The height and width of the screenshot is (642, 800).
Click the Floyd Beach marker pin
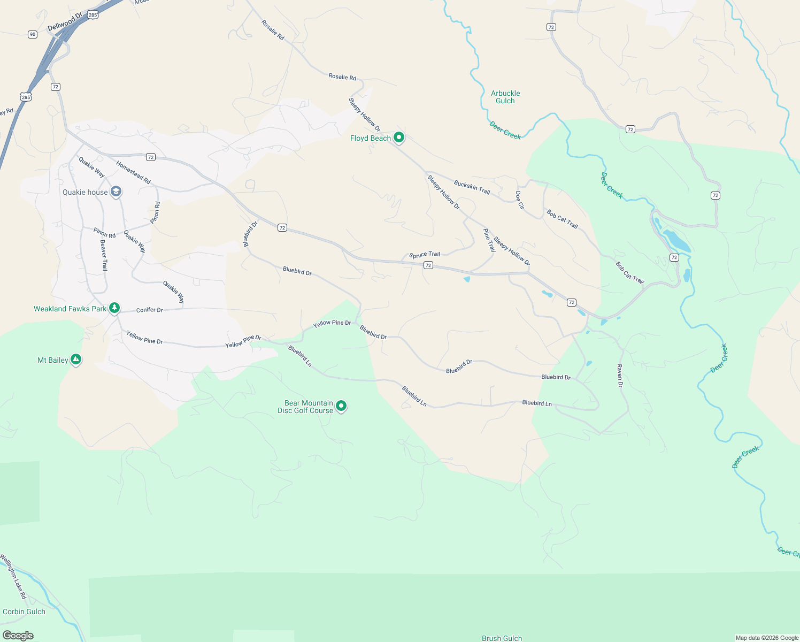tap(398, 137)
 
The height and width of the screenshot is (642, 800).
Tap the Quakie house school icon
tap(116, 192)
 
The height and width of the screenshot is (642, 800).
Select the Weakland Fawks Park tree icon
tap(114, 308)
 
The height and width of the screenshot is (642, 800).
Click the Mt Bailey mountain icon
tap(76, 360)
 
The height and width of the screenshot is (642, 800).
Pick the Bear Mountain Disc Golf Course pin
tap(341, 407)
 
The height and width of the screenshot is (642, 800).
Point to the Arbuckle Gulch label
tap(505, 97)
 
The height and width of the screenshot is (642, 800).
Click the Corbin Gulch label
tap(24, 612)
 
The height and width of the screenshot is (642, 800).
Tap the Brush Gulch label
tap(502, 638)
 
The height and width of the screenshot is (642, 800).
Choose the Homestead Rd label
tap(133, 173)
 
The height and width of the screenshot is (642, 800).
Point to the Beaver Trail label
tap(104, 255)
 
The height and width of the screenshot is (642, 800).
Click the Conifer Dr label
tap(149, 310)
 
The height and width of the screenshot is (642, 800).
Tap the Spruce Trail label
tap(425, 255)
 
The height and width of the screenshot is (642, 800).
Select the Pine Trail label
tap(489, 240)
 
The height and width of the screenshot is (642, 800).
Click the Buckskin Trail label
tap(472, 187)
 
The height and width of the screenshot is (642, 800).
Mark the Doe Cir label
tap(520, 200)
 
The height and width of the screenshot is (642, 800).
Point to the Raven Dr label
tap(620, 376)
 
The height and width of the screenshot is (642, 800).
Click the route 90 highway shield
tap(33, 34)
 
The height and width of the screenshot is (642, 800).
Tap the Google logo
tap(18, 636)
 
